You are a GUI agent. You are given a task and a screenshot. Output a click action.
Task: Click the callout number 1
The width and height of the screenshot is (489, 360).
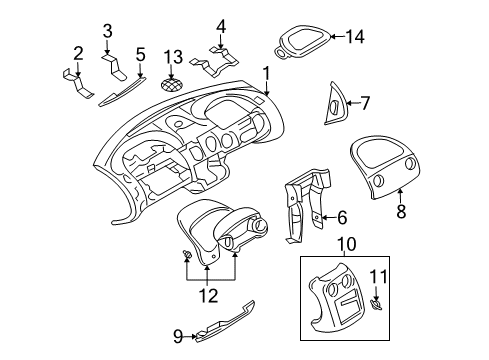266,72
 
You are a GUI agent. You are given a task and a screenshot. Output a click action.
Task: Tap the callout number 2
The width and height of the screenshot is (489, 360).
78,53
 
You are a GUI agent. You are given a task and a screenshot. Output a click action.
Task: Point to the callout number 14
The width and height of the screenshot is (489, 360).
354,37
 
